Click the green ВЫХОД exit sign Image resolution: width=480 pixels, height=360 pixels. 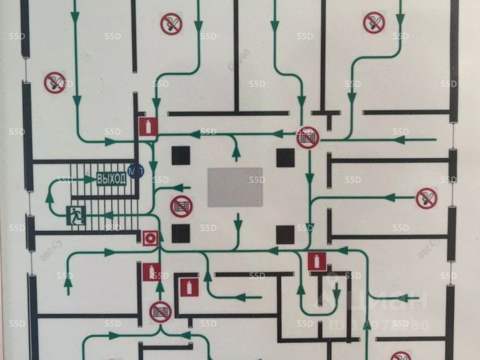pos(111,180)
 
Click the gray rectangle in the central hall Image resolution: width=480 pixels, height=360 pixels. pos(235,187)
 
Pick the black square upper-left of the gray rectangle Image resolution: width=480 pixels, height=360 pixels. pos(180,157)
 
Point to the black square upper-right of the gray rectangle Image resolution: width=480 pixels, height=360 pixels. pos(286,157)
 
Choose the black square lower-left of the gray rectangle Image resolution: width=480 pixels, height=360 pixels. pos(180,233)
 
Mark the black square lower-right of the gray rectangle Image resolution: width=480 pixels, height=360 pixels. pos(286,233)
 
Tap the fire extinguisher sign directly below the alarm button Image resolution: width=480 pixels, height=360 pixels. pos(151,272)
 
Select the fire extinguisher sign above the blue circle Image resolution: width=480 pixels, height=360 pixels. pos(146,127)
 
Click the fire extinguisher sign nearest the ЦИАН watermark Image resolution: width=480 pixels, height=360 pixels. pos(316,262)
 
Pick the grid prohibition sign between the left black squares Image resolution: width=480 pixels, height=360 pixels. pos(181,206)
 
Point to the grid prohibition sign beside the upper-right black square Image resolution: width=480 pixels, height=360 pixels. pos(308,137)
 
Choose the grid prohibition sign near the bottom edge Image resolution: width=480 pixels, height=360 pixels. pos(160,312)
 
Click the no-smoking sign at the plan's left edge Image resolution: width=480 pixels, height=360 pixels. pos(54,81)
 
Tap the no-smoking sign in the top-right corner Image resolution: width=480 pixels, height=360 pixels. pos(374,21)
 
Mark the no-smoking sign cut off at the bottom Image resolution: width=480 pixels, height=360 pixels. pos(400,355)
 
